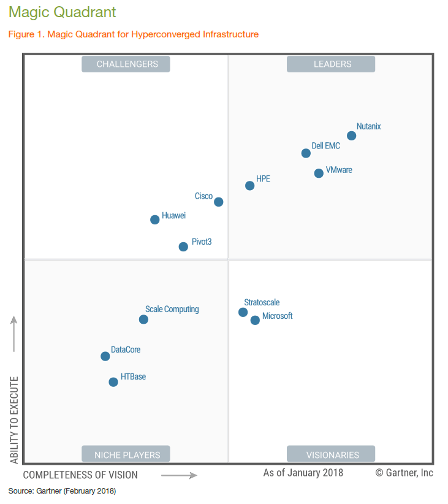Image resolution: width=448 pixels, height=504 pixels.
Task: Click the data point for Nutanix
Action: point(351,136)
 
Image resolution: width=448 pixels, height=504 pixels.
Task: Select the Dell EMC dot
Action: point(306,153)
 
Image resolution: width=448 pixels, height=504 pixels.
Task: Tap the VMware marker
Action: point(319,174)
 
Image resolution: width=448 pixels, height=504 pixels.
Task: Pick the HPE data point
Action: point(249,186)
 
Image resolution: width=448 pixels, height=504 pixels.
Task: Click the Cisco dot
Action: point(219,202)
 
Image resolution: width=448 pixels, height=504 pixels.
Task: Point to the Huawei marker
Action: point(155,220)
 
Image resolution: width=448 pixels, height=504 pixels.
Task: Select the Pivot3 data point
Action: point(183,246)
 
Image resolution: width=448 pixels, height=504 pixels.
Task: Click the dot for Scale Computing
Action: point(143,319)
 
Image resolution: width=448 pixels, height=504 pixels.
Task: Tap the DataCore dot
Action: point(105,356)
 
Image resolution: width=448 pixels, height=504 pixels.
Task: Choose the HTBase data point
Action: point(113,382)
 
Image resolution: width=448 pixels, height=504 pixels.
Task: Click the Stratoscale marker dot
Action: point(243,312)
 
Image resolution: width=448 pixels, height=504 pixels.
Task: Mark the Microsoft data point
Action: point(255,320)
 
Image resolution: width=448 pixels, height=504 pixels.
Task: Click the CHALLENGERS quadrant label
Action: point(126,64)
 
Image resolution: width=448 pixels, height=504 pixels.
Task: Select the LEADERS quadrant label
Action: point(332,64)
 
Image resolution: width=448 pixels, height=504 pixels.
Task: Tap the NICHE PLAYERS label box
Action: point(126,454)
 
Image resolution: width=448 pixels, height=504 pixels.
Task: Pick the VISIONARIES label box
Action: point(332,454)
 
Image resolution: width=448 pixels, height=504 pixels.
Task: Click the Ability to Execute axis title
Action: point(14,420)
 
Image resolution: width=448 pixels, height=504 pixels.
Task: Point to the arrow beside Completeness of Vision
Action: point(179,475)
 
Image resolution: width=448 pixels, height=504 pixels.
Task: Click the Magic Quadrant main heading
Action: point(62,12)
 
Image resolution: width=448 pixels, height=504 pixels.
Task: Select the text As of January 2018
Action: point(303,473)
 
